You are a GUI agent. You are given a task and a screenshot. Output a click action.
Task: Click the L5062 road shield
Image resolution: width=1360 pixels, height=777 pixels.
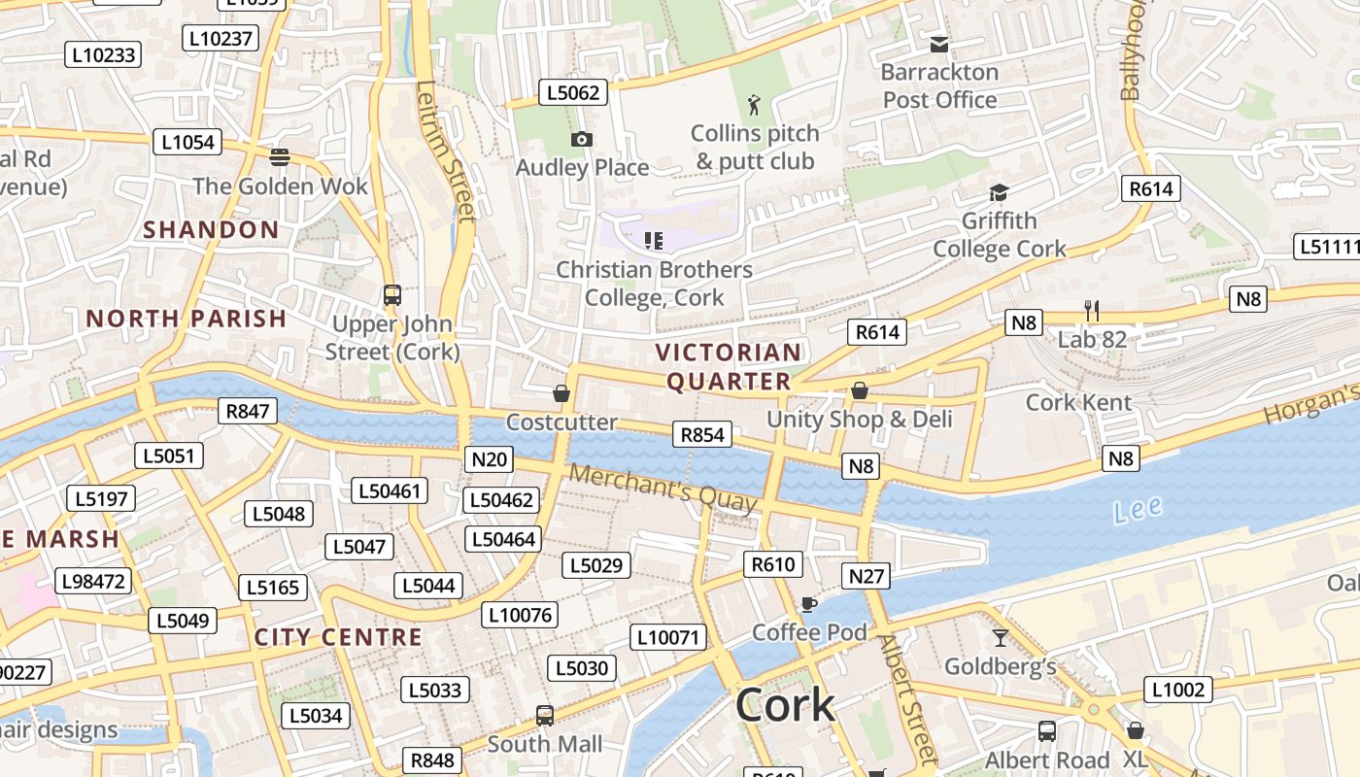tap(573, 93)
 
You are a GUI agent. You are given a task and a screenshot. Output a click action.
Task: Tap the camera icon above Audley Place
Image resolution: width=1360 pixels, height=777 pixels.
tap(582, 140)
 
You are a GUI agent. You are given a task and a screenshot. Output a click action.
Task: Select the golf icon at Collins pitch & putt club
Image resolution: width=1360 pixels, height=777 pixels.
tap(754, 105)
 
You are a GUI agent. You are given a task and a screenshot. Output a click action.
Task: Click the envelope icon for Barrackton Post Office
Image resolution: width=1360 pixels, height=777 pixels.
tap(939, 44)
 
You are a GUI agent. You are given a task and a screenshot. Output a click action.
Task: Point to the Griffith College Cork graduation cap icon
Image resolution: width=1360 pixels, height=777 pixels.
tap(999, 193)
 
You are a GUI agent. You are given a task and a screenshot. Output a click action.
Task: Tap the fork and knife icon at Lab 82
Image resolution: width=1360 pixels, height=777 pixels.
tap(1092, 311)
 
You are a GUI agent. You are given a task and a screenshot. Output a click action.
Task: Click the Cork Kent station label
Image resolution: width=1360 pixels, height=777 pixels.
tap(1078, 402)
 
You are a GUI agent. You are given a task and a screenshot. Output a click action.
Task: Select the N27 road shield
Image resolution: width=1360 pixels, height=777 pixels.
tap(867, 576)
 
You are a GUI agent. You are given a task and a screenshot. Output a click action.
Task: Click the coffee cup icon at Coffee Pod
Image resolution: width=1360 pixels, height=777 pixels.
tap(808, 605)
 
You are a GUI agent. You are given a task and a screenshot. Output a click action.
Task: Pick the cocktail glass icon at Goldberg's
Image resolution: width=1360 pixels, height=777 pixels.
tap(1000, 638)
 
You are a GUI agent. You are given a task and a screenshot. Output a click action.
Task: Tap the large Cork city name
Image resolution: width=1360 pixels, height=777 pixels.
tap(785, 705)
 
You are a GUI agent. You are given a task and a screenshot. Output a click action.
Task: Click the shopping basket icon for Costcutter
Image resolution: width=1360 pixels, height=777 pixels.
tap(561, 393)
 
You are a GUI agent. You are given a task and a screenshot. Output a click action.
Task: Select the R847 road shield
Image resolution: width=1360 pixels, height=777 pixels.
tap(247, 411)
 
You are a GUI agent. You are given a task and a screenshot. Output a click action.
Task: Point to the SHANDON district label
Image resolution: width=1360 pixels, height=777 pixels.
tap(211, 230)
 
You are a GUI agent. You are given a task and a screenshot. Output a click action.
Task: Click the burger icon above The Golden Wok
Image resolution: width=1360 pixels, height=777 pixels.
tap(280, 156)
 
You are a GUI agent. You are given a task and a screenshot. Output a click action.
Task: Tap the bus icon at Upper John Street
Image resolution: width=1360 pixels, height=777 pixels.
tap(392, 295)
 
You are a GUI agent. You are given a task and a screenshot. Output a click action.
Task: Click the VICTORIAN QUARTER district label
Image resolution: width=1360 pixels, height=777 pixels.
tap(729, 366)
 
